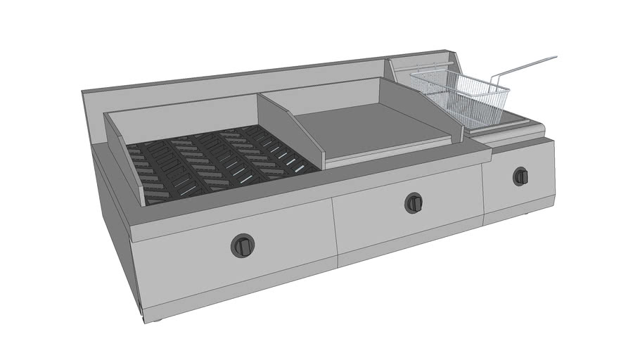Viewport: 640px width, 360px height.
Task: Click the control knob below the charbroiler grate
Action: tap(242, 245)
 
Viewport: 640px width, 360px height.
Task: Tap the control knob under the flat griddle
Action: tap(414, 202)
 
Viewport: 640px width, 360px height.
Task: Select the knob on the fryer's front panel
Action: tap(520, 176)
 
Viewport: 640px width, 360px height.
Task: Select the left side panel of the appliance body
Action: tap(116, 239)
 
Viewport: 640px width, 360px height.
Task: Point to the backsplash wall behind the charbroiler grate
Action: tap(183, 112)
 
